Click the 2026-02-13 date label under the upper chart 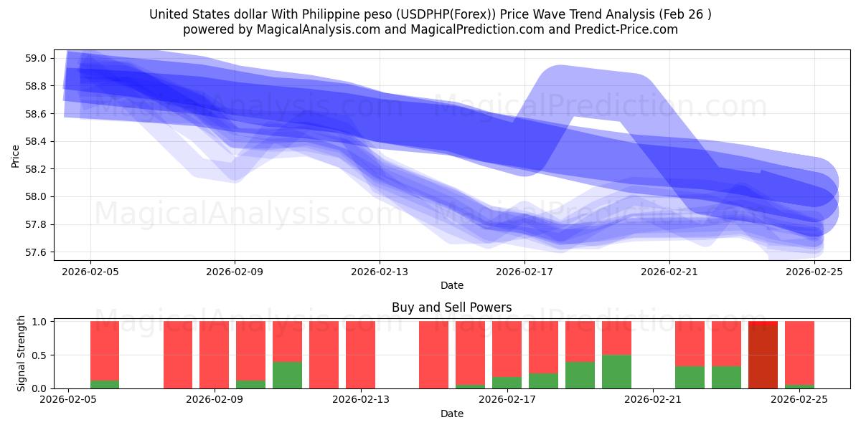(380, 272)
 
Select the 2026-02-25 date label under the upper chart (814, 272)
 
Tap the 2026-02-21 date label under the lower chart (654, 400)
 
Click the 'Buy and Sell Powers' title (451, 307)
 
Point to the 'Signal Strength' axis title (22, 353)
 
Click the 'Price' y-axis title (16, 156)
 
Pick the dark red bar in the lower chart (763, 355)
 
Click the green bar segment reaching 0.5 (616, 371)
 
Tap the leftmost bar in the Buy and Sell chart (105, 355)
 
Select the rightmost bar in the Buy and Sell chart (799, 355)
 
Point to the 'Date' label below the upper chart (451, 285)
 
